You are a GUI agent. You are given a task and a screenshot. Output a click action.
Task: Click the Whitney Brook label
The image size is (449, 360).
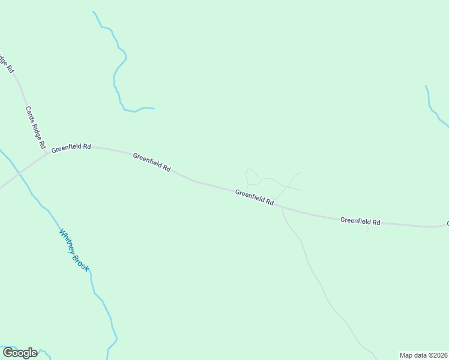(74, 250)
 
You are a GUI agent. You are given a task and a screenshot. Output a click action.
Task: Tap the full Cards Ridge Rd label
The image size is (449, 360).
(35, 127)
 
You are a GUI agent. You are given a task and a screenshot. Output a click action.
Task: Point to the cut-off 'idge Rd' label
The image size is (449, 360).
(6, 63)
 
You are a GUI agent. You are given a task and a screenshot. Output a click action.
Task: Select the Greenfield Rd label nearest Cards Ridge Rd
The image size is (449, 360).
(71, 148)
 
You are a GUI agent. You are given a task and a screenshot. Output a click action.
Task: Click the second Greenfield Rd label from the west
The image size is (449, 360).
(152, 162)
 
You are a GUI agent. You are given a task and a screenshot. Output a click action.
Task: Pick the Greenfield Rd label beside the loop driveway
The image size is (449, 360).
(255, 197)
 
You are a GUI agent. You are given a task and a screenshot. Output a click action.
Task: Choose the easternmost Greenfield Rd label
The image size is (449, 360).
(360, 221)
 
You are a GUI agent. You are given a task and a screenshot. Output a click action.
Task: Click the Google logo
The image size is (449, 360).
(19, 353)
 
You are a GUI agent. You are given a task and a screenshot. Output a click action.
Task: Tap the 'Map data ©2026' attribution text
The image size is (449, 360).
(423, 355)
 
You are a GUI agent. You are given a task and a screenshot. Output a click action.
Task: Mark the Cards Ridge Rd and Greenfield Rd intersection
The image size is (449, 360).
(47, 154)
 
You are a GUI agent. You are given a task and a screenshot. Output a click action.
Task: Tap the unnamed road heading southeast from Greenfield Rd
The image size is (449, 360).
(318, 282)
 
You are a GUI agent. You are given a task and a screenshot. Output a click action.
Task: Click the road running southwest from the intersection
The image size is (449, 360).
(12, 178)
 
